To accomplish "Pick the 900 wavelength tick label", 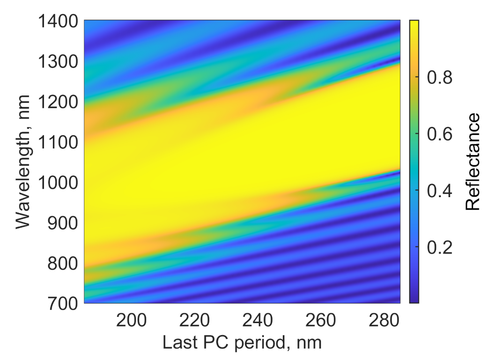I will [x=61, y=222].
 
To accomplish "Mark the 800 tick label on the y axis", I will [x=61, y=263].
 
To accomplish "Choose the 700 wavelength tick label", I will [x=61, y=303].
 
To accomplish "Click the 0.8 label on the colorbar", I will [x=439, y=77].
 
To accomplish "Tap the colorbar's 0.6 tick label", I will [x=439, y=134].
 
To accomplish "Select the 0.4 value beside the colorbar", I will [x=439, y=191].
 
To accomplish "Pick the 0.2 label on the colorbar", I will [x=439, y=248].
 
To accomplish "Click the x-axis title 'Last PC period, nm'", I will [x=242, y=343].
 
